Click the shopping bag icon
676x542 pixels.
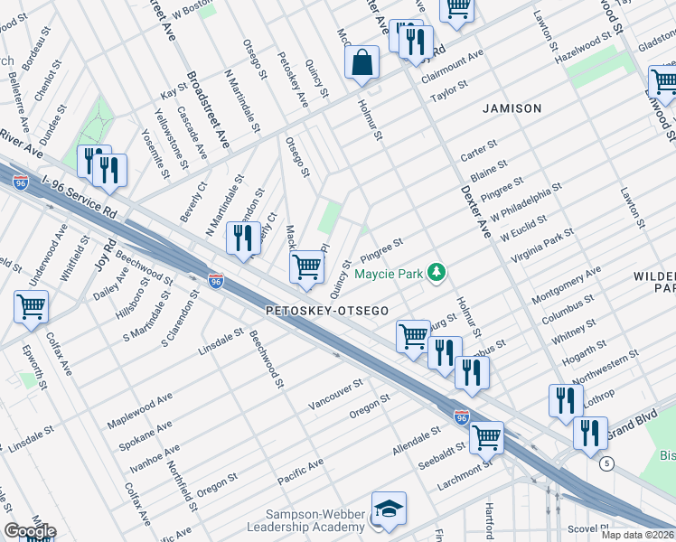pos(361,63)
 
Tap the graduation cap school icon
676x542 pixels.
pos(389,509)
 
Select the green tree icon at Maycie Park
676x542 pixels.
pos(437,272)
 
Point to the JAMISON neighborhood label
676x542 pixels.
pos(512,108)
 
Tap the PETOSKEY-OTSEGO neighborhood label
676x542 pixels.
pos(327,311)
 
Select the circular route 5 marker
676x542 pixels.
pos(605,463)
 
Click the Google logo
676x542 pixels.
pos(30,531)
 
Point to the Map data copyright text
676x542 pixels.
pos(637,535)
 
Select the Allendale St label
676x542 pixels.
pos(415,443)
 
